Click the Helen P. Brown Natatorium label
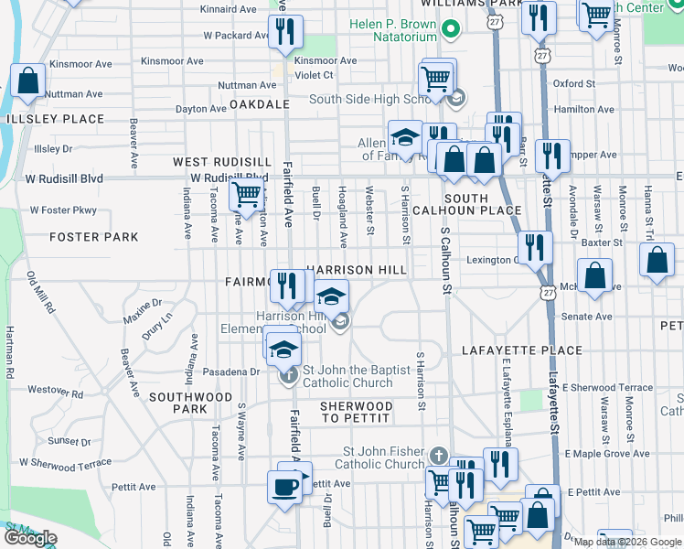coord(381,29)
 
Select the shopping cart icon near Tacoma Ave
coord(246,194)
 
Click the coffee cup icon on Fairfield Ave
coord(284,487)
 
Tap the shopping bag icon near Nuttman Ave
coord(27,81)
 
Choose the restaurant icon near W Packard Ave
coord(285,33)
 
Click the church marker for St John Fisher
coord(438,456)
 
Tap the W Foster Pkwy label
coord(63,210)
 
